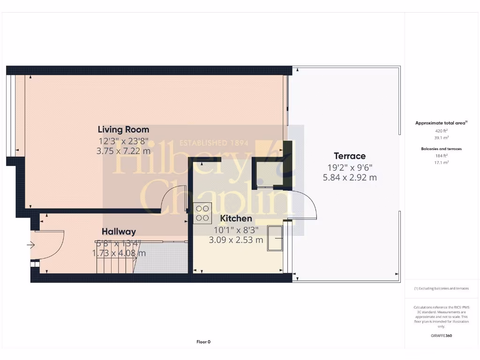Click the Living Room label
(123, 129)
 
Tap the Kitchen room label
(236, 218)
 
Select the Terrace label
(350, 156)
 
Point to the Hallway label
(119, 232)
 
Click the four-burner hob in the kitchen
(203, 213)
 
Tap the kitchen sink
(275, 239)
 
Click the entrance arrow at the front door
(31, 244)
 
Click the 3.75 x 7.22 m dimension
(123, 151)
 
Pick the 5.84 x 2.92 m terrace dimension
(350, 178)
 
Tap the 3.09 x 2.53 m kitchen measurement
(236, 240)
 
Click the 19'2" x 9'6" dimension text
(350, 167)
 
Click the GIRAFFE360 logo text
(441, 336)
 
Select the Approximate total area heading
(441, 123)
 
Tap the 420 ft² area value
(441, 131)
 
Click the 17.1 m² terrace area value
(441, 162)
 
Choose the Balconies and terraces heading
(441, 149)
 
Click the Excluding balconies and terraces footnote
(441, 289)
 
